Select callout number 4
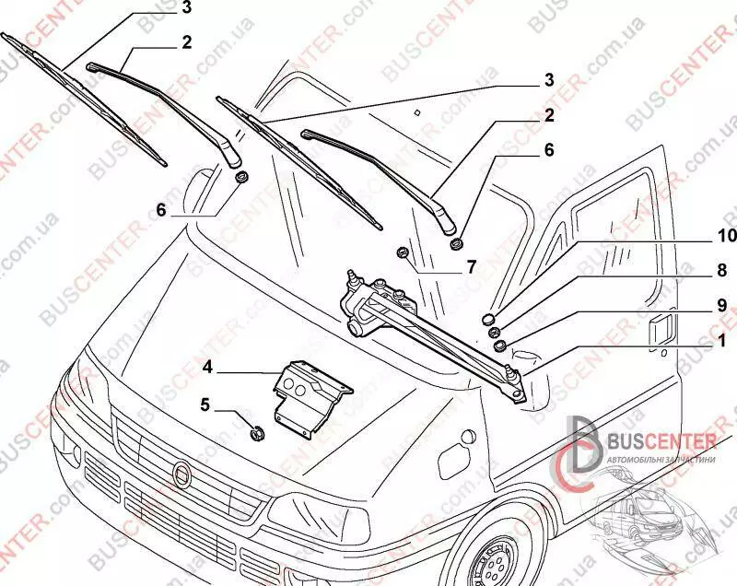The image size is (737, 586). pos(208,367)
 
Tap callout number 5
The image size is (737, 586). pos(206,403)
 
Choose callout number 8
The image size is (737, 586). pos(722,272)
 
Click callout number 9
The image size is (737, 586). pos(722,303)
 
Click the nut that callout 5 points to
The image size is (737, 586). pos(259,429)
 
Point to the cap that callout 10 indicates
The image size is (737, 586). pos(489,319)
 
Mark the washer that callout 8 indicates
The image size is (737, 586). pos(494,332)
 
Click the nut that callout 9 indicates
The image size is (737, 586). pos(500,346)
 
